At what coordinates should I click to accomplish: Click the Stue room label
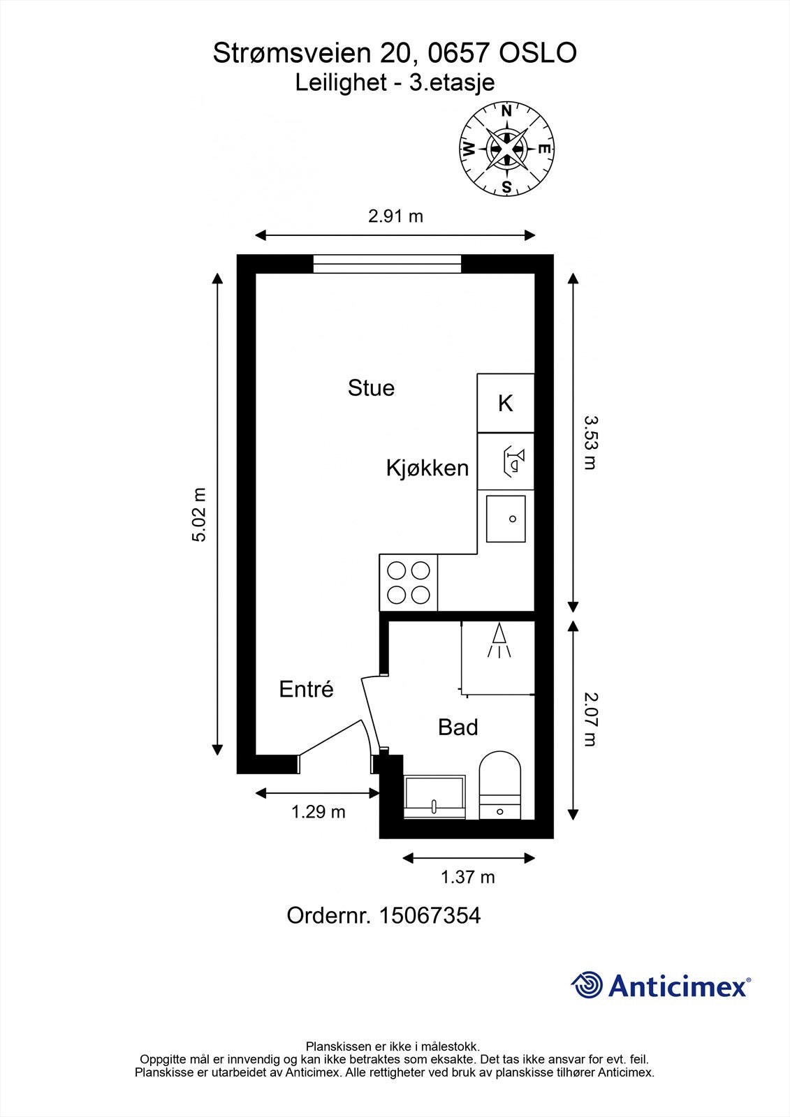click(371, 388)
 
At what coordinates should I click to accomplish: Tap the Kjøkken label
click(427, 468)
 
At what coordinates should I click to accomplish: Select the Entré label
click(306, 690)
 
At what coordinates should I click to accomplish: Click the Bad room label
click(458, 727)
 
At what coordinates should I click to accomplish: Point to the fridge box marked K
click(506, 403)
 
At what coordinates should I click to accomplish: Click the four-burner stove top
click(409, 583)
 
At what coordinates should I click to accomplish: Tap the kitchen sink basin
click(506, 519)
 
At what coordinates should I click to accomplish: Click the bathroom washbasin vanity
click(434, 797)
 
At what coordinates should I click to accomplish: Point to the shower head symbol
click(499, 639)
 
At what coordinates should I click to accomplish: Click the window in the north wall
click(387, 264)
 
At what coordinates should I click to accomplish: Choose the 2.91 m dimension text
click(395, 216)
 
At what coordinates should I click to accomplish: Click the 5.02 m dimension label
click(200, 515)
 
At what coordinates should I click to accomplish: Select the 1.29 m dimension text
click(318, 812)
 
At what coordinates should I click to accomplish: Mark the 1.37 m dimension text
click(467, 877)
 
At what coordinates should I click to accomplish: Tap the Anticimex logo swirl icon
click(587, 986)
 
